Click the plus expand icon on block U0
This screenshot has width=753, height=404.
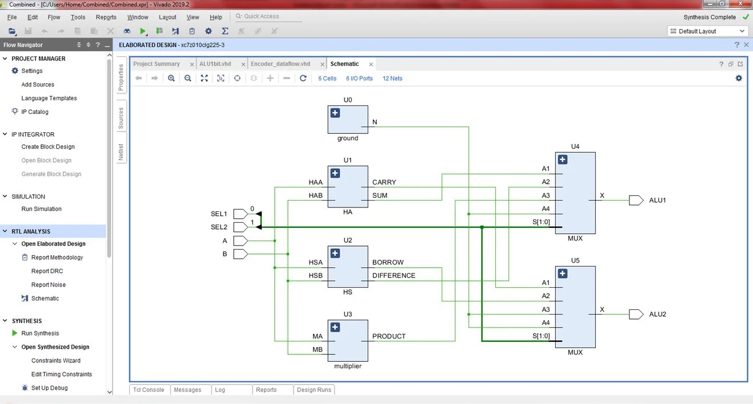click(x=335, y=113)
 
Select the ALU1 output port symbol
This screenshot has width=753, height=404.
click(x=636, y=201)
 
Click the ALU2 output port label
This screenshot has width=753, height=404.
click(x=657, y=315)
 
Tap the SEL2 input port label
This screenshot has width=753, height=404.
click(x=219, y=227)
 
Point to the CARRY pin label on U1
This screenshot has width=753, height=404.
click(x=384, y=182)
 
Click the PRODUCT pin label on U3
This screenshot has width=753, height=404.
click(x=389, y=336)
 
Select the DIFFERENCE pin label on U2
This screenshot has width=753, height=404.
click(x=393, y=276)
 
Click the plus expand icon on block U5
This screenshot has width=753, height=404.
click(x=563, y=274)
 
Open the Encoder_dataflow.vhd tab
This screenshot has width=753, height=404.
click(x=280, y=64)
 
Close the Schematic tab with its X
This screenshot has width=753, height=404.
click(x=371, y=64)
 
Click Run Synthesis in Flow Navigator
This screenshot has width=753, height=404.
click(x=40, y=333)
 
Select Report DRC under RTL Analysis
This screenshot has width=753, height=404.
click(x=47, y=271)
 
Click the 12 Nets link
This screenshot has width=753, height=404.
click(x=392, y=79)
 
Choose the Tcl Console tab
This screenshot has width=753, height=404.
click(x=148, y=390)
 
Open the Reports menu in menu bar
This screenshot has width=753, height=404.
click(x=106, y=17)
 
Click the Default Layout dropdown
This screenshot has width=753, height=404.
click(x=707, y=31)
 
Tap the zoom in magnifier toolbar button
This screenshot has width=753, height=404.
click(x=171, y=78)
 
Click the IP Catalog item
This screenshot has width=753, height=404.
click(x=35, y=112)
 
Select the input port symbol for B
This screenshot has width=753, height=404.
click(x=240, y=254)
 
